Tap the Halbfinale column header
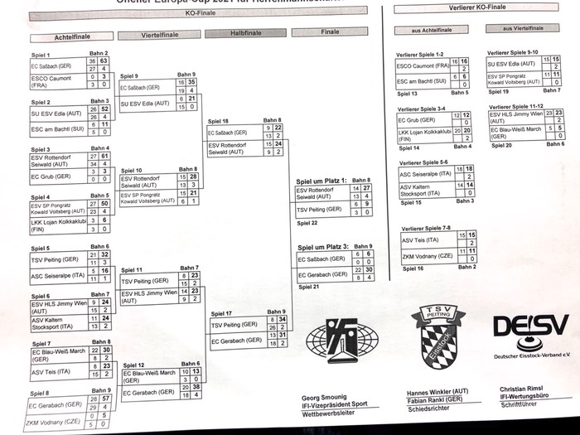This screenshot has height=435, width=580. (x=244, y=33)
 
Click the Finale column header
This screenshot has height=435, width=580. (x=331, y=31)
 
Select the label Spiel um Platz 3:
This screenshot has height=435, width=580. (x=321, y=246)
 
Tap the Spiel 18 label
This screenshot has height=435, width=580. (x=219, y=121)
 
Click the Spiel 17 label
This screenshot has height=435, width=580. (x=221, y=313)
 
